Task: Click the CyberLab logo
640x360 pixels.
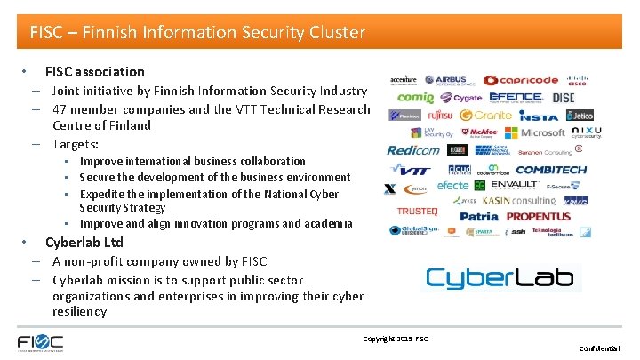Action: tap(500, 277)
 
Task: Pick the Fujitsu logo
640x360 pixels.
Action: tap(439, 116)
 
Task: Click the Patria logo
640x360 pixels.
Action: tap(479, 216)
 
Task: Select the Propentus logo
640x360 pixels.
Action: tap(539, 216)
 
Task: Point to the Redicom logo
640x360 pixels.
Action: tap(413, 150)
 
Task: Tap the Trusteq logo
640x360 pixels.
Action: tap(417, 212)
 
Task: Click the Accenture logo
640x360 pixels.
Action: tap(403, 80)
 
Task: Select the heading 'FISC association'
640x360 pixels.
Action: tap(94, 71)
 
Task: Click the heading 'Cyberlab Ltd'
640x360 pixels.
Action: tap(84, 242)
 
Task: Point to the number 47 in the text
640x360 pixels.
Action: tap(60, 108)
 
